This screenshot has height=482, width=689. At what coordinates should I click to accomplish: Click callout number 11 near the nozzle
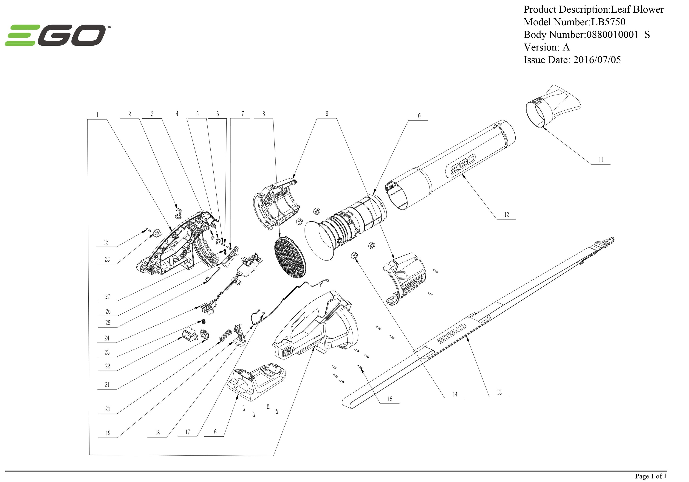point(601,160)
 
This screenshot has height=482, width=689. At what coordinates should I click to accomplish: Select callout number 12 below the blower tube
point(507,215)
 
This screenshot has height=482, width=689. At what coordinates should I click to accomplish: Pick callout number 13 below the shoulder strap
point(499,392)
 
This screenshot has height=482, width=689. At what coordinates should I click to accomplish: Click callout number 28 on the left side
point(107,259)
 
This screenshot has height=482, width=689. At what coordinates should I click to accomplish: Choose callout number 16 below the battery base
point(214,432)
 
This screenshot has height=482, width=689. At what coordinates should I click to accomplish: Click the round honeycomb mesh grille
point(290,256)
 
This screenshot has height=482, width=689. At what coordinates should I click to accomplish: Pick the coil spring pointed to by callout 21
point(225,335)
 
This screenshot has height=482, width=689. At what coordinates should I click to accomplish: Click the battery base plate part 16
point(257,380)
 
